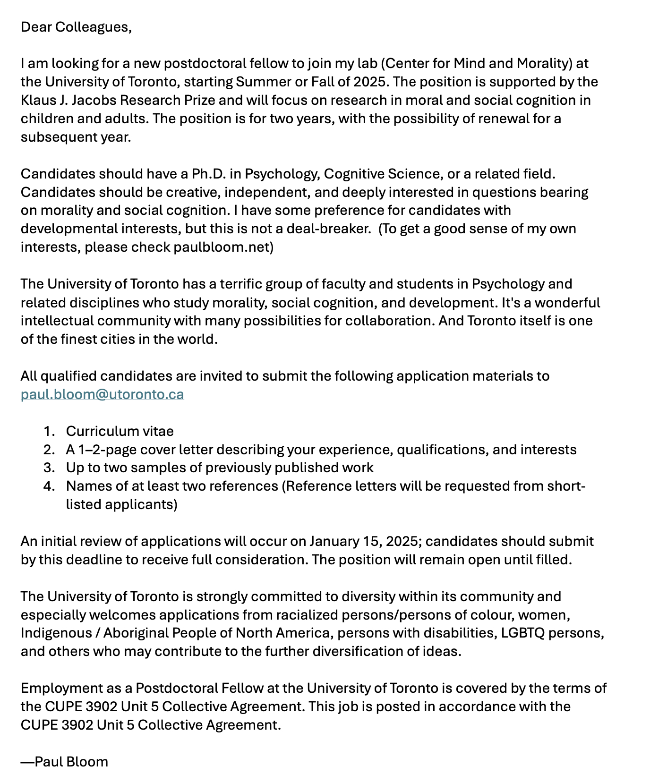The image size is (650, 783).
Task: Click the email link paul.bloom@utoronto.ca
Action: click(x=102, y=394)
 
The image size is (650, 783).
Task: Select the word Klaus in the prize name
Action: click(x=35, y=100)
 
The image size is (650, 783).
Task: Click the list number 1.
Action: click(x=49, y=431)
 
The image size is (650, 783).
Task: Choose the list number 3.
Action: click(x=49, y=468)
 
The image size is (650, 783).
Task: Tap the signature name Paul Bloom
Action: click(x=71, y=762)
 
